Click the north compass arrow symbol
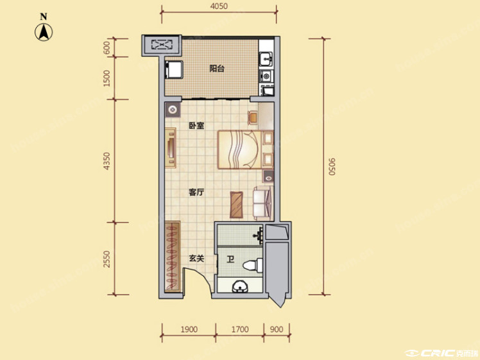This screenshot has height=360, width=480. (44, 32)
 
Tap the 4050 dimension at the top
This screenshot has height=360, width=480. (219, 6)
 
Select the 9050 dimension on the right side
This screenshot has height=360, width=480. (332, 167)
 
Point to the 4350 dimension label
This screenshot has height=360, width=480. (107, 161)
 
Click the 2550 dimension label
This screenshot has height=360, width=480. (107, 259)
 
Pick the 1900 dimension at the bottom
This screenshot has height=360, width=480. (189, 329)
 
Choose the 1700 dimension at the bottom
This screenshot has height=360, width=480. (240, 329)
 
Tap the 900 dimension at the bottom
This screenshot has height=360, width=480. (277, 329)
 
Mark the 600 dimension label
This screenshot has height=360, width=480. (107, 47)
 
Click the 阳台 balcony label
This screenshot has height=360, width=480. (217, 68)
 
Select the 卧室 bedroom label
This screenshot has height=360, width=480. (196, 126)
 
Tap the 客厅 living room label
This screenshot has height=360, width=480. (196, 193)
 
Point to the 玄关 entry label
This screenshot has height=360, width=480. (196, 259)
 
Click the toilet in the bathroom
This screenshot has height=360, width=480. (253, 265)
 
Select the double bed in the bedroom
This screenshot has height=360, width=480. (239, 150)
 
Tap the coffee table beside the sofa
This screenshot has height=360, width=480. (237, 205)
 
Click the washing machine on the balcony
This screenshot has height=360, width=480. (174, 70)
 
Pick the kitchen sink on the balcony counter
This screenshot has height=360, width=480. (266, 59)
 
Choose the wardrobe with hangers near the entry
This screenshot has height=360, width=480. (173, 256)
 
